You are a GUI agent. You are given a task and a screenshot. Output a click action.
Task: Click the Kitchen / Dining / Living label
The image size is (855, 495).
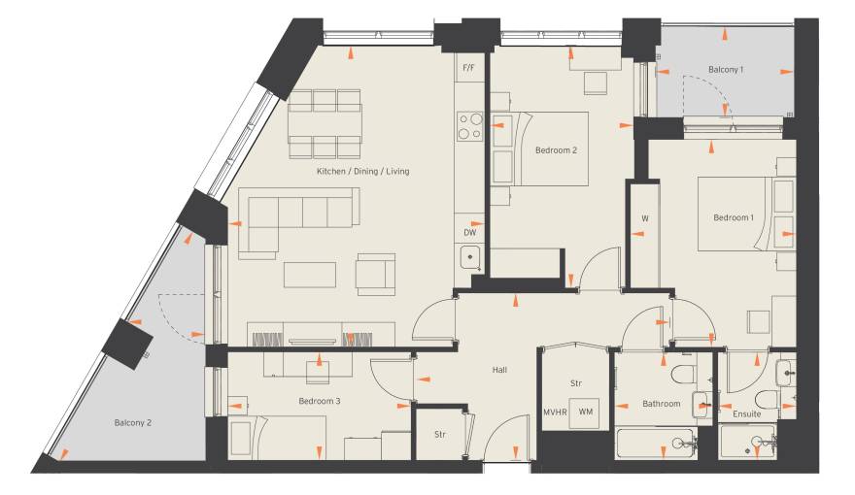coord(362,171)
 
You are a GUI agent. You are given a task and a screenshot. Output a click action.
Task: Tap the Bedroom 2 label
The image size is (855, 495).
coord(556,150)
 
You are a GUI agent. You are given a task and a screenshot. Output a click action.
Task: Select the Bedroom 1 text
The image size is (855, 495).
coord(734,217)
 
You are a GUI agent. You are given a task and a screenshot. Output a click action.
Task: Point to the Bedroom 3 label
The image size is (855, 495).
coord(320,401)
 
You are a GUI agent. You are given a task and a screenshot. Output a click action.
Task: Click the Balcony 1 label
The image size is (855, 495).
coord(726,70)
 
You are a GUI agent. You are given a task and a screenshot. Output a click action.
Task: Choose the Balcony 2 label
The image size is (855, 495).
coord(133,422)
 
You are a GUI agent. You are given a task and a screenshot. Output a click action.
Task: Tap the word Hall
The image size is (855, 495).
coord(499,370)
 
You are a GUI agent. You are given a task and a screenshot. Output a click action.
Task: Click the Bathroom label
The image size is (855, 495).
coord(662,404)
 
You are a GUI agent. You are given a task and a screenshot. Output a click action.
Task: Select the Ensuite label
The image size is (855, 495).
coord(746,413)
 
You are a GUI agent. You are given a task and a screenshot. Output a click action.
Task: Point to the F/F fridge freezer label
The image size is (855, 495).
coord(469,68)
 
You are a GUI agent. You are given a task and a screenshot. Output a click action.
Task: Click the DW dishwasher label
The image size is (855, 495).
coord(470,233)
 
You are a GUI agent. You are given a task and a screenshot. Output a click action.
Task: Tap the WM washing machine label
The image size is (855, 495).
coord(586,412)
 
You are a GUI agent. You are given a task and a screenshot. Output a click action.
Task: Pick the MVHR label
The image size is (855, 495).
coord(555,412)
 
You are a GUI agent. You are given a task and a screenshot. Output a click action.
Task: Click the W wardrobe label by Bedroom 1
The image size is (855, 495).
coord(645,219)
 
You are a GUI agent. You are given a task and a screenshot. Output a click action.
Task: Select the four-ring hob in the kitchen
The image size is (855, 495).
coord(470,126)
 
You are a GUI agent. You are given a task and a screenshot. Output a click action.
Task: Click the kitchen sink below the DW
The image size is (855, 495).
coord(470,257)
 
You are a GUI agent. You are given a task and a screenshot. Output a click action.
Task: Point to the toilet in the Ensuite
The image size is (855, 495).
coord(767,399)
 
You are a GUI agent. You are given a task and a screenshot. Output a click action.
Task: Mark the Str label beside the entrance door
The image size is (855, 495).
coord(440,435)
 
